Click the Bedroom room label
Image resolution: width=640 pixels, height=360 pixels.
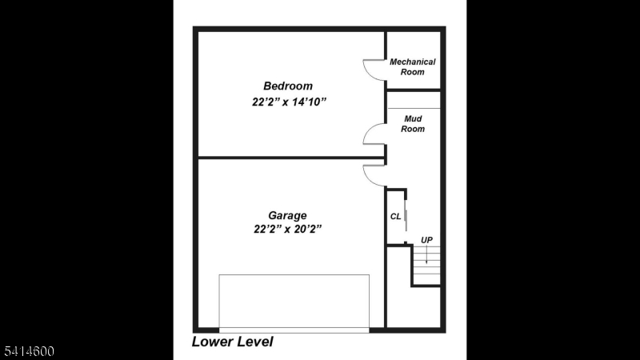pyautogui.click(x=288, y=86)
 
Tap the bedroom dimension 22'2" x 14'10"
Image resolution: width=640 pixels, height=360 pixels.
pyautogui.click(x=288, y=102)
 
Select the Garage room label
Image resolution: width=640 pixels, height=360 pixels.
pyautogui.click(x=287, y=215)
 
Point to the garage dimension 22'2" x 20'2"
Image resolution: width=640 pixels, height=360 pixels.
pyautogui.click(x=287, y=229)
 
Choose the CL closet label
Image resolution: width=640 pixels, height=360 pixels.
pyautogui.click(x=395, y=216)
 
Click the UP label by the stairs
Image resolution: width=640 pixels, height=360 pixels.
pyautogui.click(x=426, y=240)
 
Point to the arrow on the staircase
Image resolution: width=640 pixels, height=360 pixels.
pyautogui.click(x=426, y=256)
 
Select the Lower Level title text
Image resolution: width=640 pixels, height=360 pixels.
pyautogui.click(x=233, y=342)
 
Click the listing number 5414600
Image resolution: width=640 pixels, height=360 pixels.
pyautogui.click(x=27, y=350)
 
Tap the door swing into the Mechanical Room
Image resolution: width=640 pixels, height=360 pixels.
pyautogui.click(x=374, y=70)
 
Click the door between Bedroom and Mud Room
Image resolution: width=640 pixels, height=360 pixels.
pyautogui.click(x=374, y=134)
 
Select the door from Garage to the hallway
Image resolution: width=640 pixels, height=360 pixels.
pyautogui.click(x=374, y=174)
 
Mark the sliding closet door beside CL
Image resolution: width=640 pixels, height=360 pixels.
pyautogui.click(x=406, y=218)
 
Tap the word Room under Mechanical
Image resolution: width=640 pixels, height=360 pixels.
pyautogui.click(x=413, y=72)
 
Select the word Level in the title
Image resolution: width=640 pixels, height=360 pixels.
pyautogui.click(x=254, y=342)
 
